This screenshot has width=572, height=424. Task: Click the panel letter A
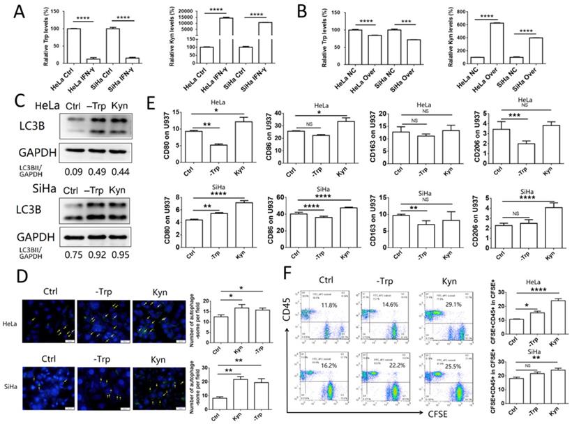tap(10, 9)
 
